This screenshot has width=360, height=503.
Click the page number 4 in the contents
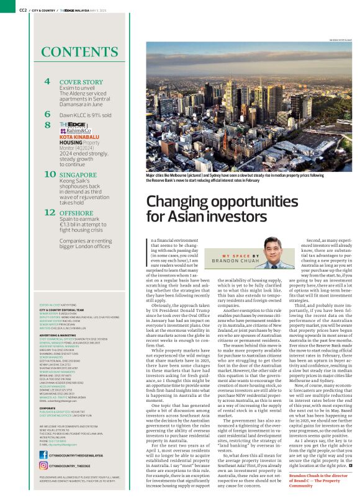pyautogui.click(x=48, y=82)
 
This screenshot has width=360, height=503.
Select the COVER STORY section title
pyautogui.click(x=81, y=82)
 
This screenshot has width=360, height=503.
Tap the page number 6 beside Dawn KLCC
pyautogui.click(x=48, y=114)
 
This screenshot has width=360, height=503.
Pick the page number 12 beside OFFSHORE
pyautogui.click(x=50, y=212)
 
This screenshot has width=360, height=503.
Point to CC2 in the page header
pyautogui.click(x=23, y=10)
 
